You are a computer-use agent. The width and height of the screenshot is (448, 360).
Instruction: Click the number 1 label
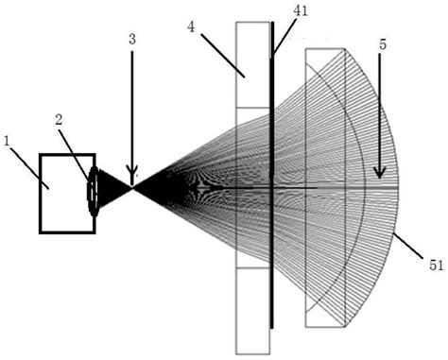coord(9,141)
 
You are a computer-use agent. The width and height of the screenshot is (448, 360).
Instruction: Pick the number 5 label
coord(381,43)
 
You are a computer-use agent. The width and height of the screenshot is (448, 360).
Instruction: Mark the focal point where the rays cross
coord(132,187)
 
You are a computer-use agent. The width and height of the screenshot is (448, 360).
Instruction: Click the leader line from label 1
coord(28,160)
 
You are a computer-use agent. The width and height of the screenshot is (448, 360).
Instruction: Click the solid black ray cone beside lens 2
coord(113,187)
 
